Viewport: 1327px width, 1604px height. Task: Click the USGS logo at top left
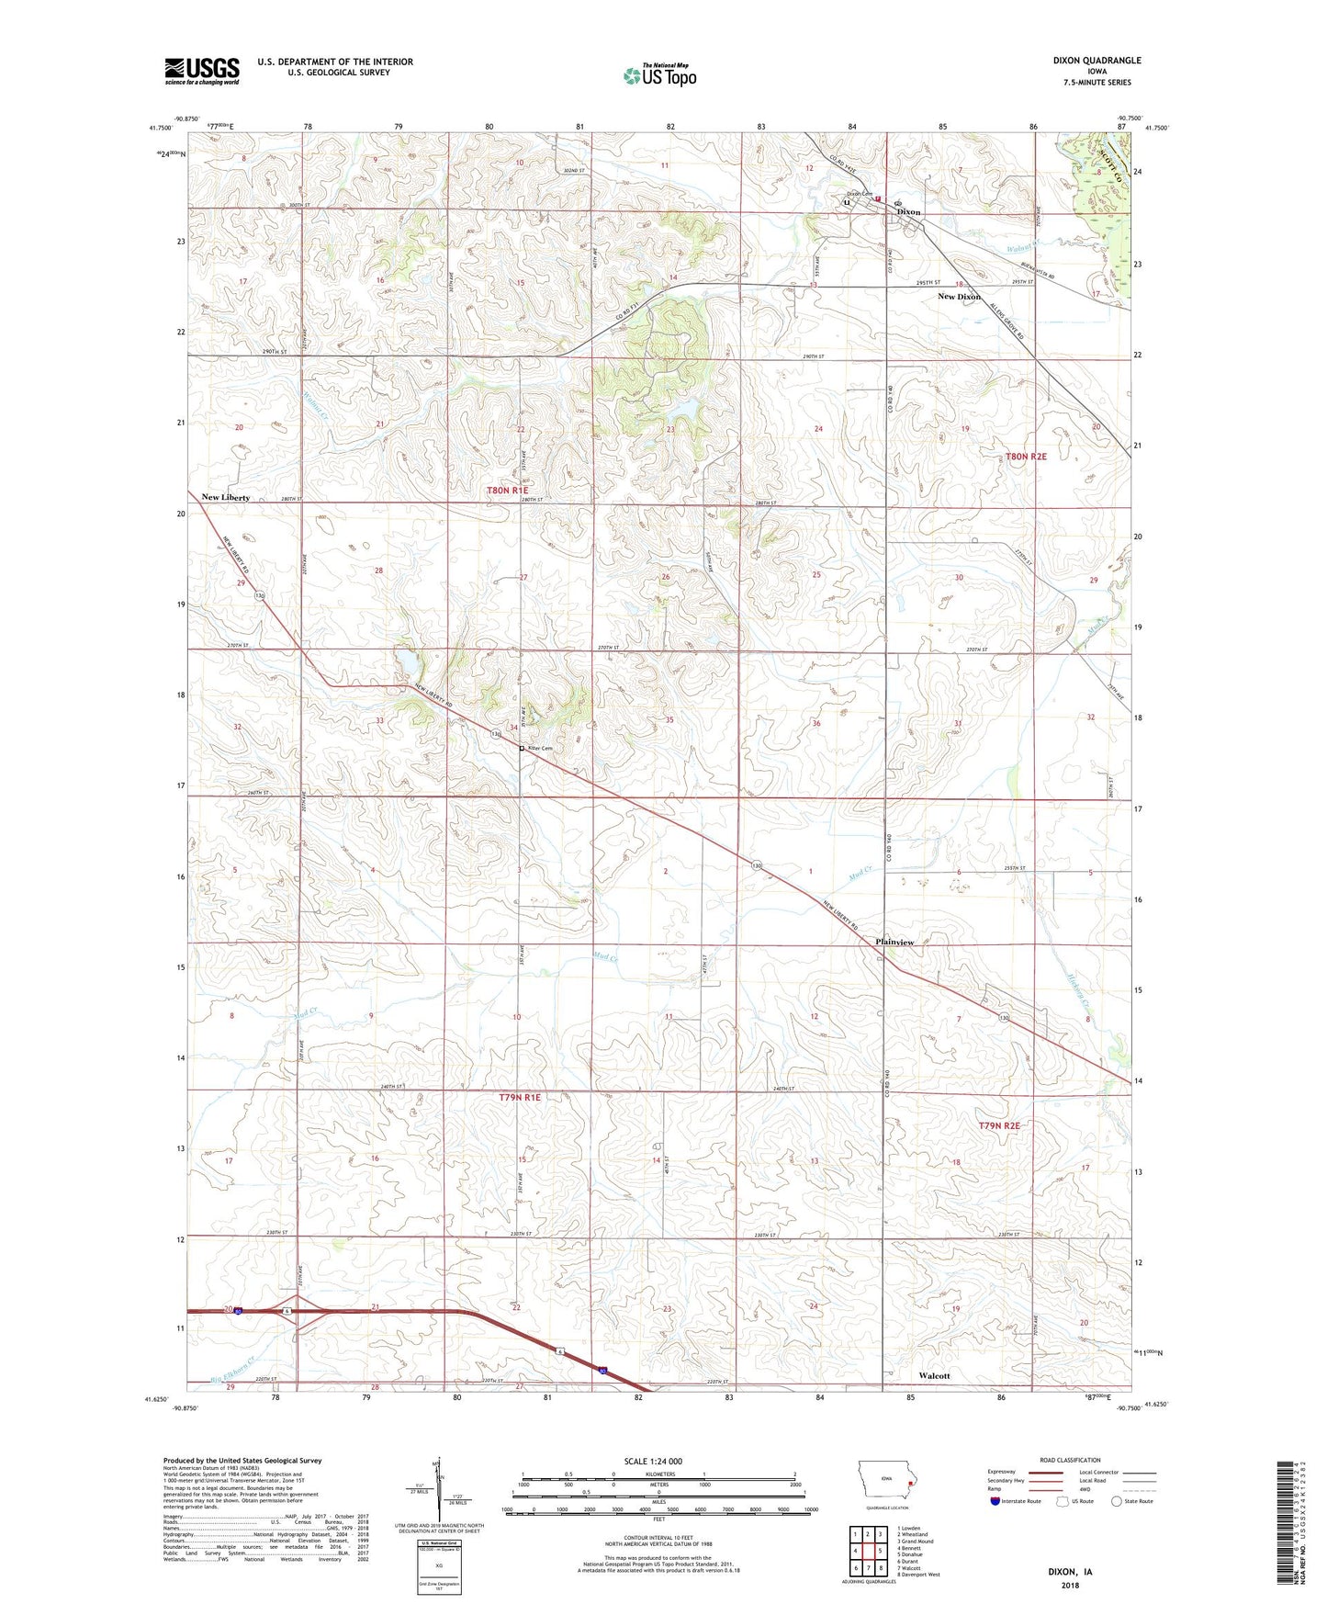(202, 70)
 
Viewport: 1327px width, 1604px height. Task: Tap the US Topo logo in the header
(659, 75)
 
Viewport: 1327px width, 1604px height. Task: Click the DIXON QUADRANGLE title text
(1096, 61)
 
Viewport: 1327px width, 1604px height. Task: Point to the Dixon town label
(908, 212)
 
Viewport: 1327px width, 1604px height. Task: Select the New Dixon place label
(959, 297)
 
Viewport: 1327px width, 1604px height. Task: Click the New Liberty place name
(225, 497)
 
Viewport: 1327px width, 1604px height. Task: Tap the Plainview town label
(894, 943)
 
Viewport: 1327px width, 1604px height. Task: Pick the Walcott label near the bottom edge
(934, 1375)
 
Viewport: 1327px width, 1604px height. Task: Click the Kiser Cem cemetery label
(540, 749)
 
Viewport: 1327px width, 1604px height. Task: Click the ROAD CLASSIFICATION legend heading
(1070, 1460)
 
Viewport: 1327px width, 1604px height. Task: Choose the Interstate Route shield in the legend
(996, 1501)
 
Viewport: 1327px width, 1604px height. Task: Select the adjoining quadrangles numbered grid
(868, 1548)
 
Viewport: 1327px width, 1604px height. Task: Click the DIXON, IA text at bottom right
(1070, 1572)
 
